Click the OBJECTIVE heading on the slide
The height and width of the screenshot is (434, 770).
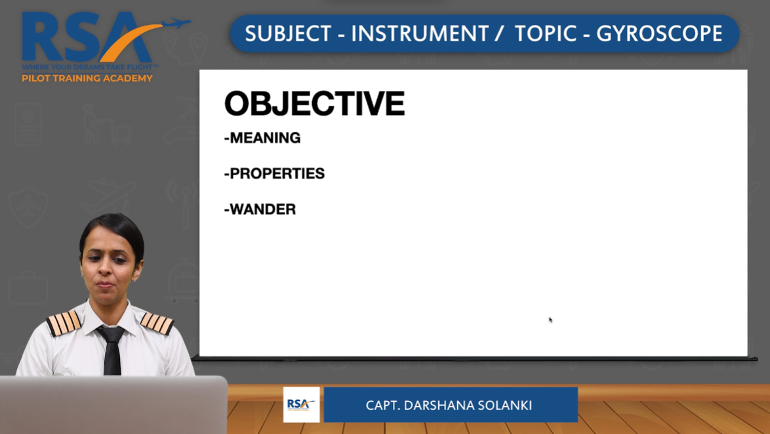[314, 104]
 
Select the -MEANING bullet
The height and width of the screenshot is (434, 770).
[262, 138]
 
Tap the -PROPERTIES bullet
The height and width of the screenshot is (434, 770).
[274, 173]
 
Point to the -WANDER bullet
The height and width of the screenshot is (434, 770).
[260, 209]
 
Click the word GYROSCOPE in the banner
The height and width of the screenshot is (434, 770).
[659, 34]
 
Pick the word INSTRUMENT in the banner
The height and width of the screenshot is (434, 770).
[419, 34]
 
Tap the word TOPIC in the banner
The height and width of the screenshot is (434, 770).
[545, 34]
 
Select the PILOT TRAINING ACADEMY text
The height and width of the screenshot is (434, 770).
[87, 78]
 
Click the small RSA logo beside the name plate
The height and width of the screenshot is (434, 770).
[301, 404]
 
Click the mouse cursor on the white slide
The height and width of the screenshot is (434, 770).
[550, 320]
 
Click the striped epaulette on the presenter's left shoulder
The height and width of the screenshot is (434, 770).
[157, 324]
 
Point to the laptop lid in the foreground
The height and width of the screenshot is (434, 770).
[113, 404]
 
